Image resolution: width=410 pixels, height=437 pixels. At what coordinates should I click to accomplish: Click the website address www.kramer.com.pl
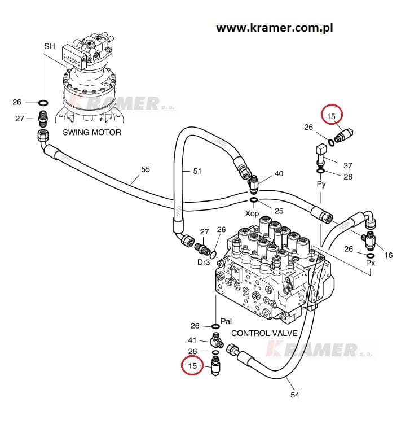(275, 28)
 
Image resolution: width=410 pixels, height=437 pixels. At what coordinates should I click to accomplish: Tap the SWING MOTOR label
(91, 133)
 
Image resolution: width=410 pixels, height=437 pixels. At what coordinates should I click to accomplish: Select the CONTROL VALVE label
(264, 333)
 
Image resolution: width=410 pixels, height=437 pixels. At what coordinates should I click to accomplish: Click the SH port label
(50, 46)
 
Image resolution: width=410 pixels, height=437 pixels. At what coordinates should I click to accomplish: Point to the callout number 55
(146, 169)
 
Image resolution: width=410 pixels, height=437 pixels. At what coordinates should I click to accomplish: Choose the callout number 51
(197, 171)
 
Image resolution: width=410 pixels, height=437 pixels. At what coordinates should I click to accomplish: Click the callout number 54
(294, 395)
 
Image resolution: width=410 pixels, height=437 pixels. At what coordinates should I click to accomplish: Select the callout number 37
(347, 165)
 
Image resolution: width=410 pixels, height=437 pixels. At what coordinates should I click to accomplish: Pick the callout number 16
(388, 255)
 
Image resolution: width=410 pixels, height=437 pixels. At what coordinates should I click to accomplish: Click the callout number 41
(192, 340)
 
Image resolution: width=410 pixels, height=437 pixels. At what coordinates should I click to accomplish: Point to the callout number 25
(279, 211)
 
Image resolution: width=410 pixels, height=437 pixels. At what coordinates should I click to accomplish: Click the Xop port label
(252, 213)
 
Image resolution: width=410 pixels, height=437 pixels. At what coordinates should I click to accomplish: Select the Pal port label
(226, 321)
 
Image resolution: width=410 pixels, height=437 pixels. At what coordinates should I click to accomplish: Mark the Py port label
(321, 185)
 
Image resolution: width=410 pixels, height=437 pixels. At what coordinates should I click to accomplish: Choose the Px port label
(371, 263)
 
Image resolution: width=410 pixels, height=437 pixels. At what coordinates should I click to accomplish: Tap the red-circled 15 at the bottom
(193, 366)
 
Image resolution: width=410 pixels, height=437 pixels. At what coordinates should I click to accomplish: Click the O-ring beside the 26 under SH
(43, 103)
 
